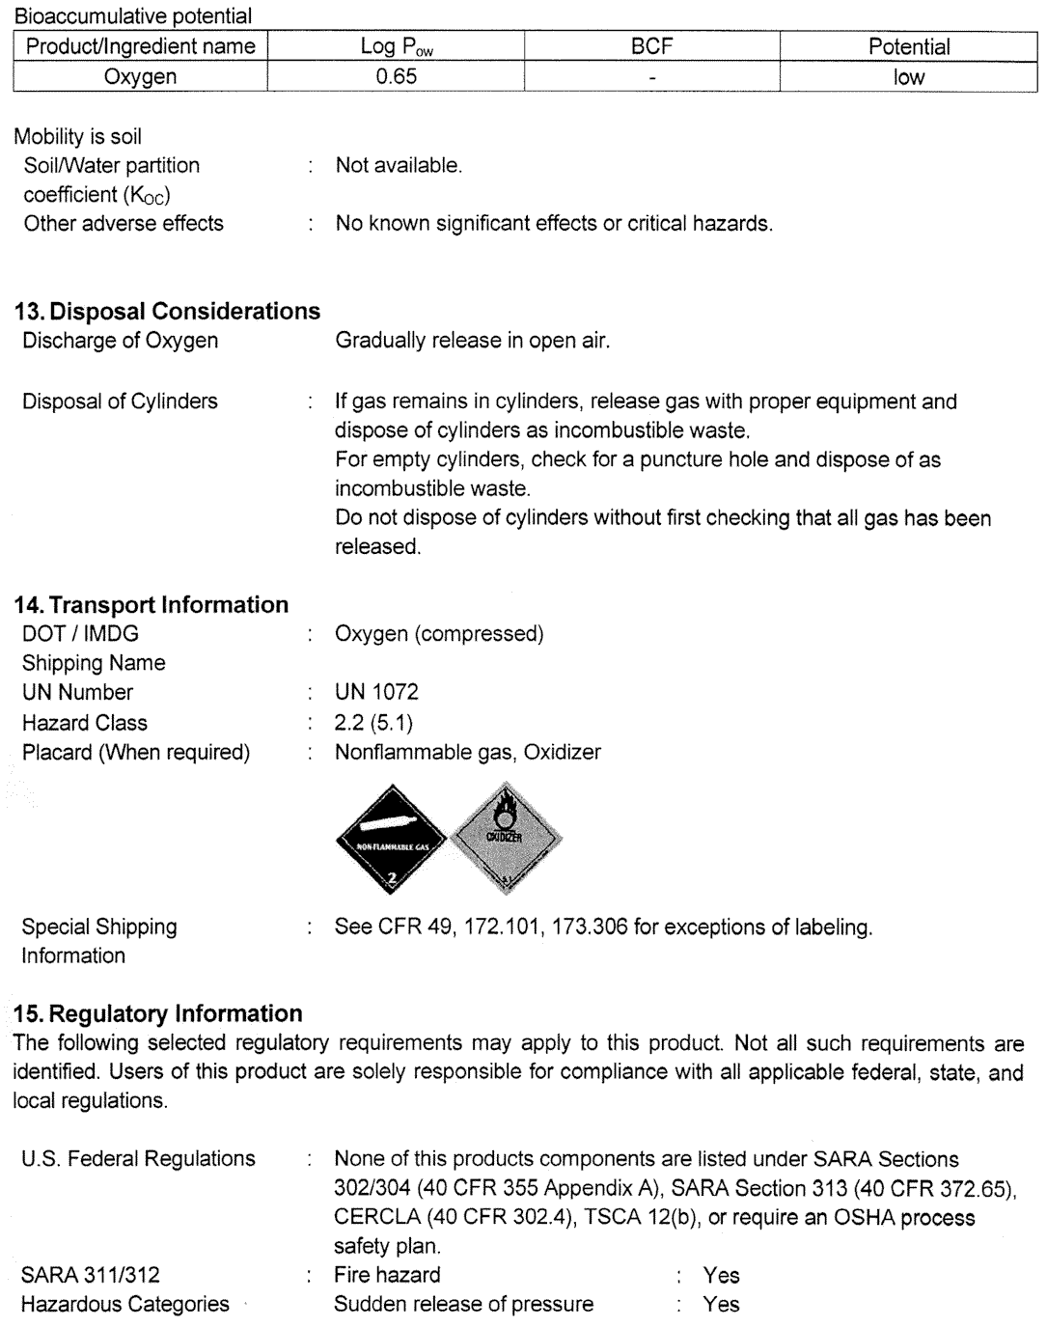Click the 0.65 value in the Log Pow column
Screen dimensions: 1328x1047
pyautogui.click(x=396, y=77)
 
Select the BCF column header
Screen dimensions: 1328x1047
pyautogui.click(x=651, y=46)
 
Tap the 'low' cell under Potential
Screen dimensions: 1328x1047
pyautogui.click(x=908, y=77)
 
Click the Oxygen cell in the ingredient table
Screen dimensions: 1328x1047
pyautogui.click(x=140, y=77)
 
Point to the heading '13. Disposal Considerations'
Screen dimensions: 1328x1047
pyautogui.click(x=167, y=311)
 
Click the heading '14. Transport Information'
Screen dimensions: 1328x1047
pyautogui.click(x=151, y=604)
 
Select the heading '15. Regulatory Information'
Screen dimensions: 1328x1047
pyautogui.click(x=158, y=1013)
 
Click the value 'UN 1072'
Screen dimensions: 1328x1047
pyautogui.click(x=376, y=692)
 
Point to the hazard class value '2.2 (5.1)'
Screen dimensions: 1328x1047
pyautogui.click(x=373, y=723)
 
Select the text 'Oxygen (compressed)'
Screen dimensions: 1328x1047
pyautogui.click(x=439, y=634)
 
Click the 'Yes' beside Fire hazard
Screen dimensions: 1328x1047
pyautogui.click(x=721, y=1275)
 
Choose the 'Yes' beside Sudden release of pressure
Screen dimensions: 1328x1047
pyautogui.click(x=721, y=1304)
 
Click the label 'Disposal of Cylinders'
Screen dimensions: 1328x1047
pyautogui.click(x=120, y=401)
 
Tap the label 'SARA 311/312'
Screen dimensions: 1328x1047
pyautogui.click(x=91, y=1275)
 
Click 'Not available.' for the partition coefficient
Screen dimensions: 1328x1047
pyautogui.click(x=399, y=165)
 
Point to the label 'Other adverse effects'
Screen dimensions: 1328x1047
pyautogui.click(x=123, y=223)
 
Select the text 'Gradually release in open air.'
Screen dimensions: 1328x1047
pyautogui.click(x=472, y=340)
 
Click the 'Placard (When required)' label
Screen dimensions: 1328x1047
pyautogui.click(x=135, y=752)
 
